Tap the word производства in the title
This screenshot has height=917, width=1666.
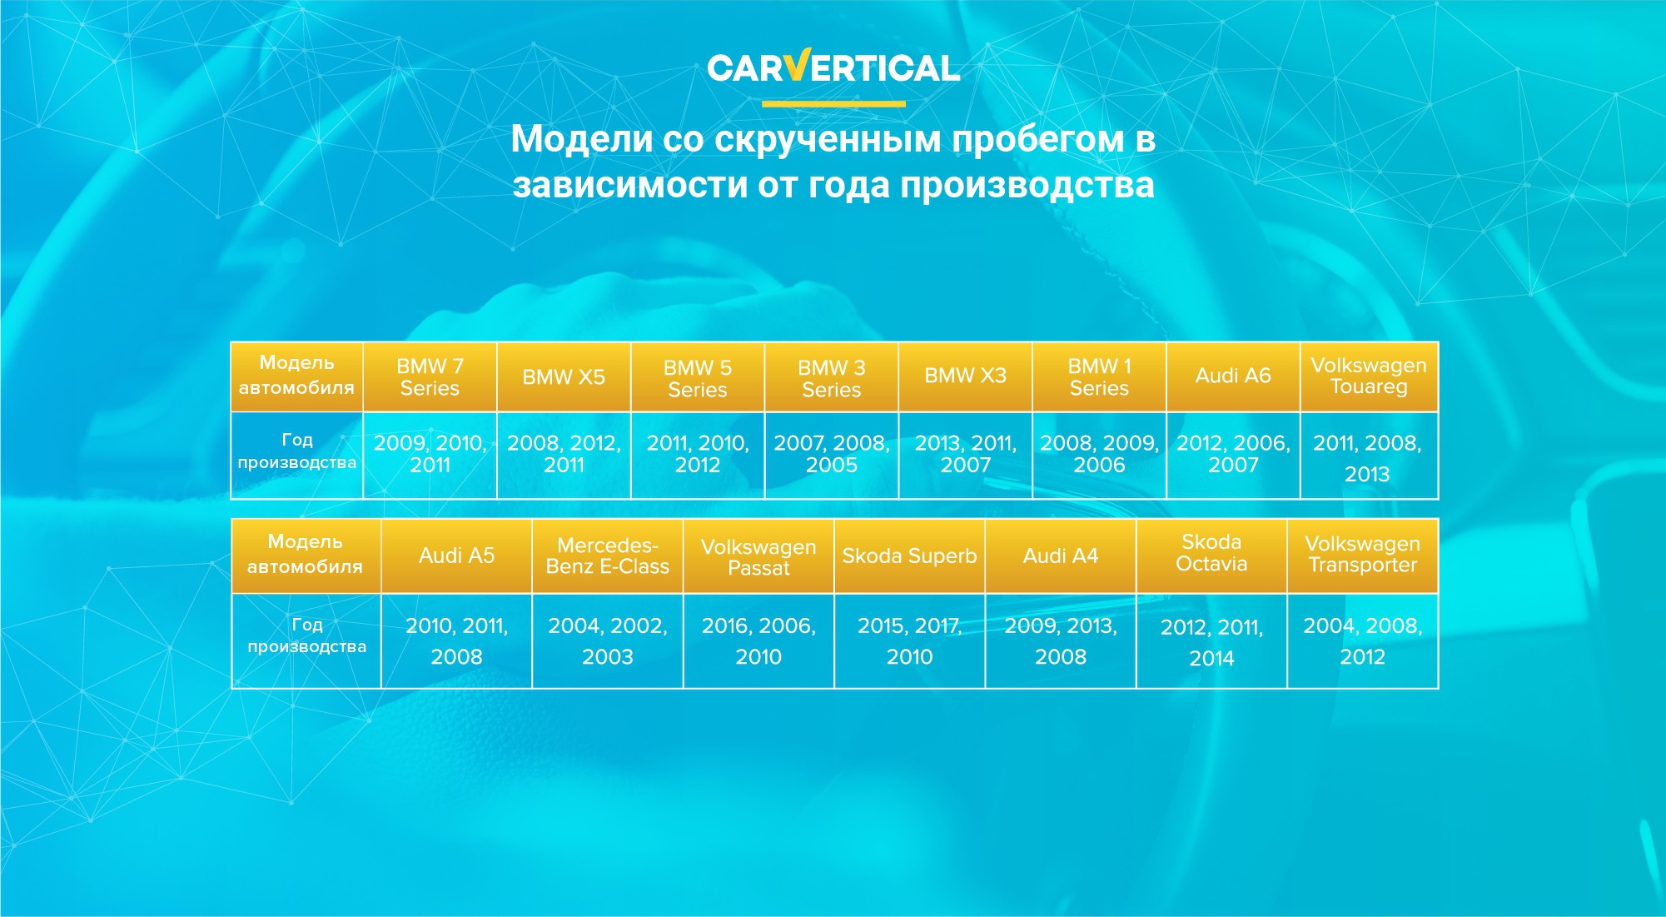pos(1027,185)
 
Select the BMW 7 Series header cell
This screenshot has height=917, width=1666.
pos(430,376)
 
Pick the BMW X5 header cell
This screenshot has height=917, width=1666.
pos(564,376)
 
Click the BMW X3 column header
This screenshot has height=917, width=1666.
pos(966,376)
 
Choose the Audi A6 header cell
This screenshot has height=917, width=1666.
pos(1233,376)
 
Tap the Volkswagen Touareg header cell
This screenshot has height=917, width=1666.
pos(1369,376)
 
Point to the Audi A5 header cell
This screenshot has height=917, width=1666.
pos(456,556)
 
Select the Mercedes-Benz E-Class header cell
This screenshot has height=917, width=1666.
pos(608,556)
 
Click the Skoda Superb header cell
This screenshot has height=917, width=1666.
pos(909,556)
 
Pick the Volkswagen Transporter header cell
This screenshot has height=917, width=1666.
pos(1363,556)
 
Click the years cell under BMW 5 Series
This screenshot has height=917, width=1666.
pos(698,456)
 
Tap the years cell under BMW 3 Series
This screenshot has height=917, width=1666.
pos(832,456)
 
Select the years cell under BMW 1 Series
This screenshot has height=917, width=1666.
pos(1099,456)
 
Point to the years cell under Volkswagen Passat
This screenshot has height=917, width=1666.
pos(758,640)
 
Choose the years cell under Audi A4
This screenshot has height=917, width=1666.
pos(1061,640)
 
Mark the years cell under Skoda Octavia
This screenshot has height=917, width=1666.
pos(1211,640)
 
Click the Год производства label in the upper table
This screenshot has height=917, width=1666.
pos(297,451)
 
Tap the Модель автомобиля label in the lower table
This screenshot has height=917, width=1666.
pos(305,554)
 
